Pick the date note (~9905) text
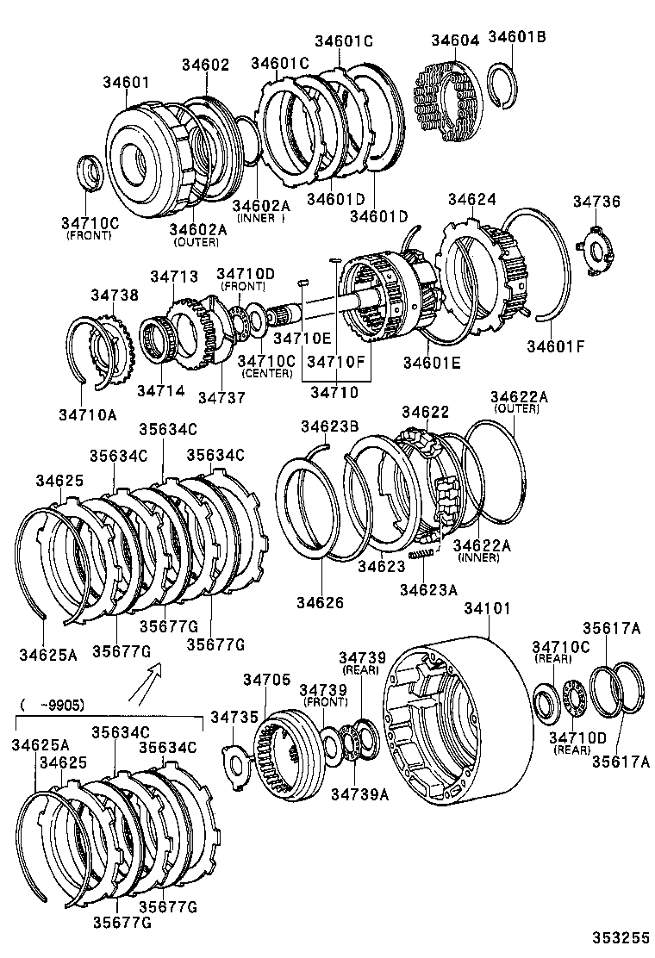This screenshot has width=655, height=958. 51,703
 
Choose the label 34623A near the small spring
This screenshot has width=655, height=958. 429,589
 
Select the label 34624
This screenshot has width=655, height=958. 472,199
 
